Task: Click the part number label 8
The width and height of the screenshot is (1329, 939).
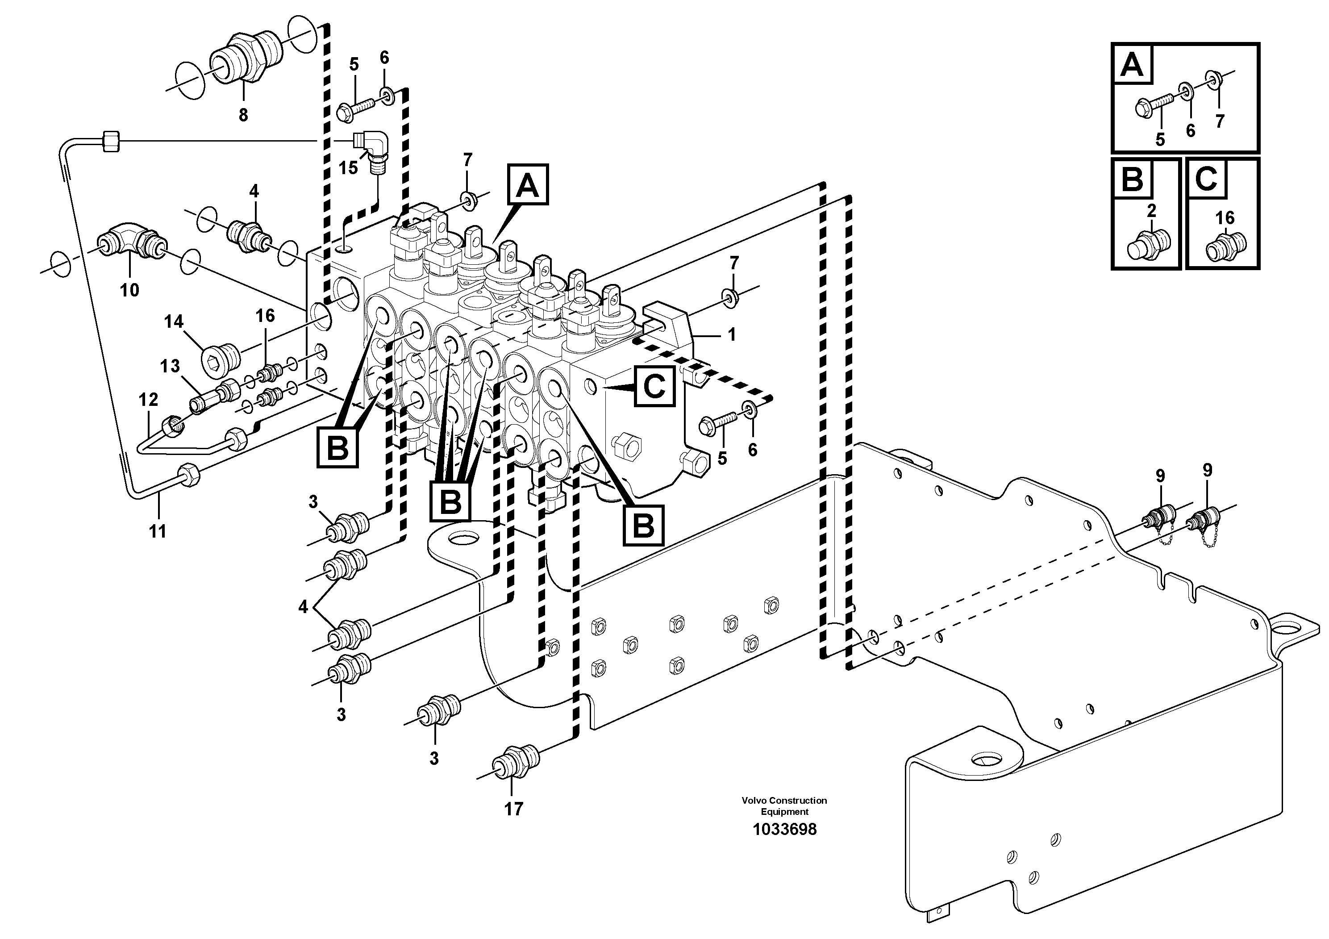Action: (243, 115)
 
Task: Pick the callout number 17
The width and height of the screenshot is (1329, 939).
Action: (513, 809)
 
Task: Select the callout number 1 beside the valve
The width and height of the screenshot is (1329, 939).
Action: (731, 334)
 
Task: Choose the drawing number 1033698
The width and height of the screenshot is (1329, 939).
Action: (784, 830)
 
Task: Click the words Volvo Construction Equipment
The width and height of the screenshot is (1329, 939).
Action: (784, 806)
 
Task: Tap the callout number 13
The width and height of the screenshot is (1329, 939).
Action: (170, 366)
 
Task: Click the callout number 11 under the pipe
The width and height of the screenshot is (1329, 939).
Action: (158, 531)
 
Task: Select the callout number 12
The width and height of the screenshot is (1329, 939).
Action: (148, 400)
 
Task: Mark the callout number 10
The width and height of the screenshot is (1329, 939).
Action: (129, 289)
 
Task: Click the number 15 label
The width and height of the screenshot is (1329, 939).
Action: (348, 168)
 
